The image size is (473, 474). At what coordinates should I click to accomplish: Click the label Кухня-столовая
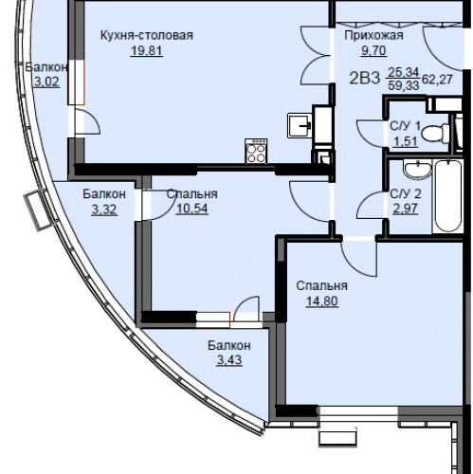pyautogui.click(x=147, y=35)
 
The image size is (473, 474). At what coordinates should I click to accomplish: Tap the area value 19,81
pyautogui.click(x=147, y=50)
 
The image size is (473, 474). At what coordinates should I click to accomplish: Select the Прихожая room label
pyautogui.click(x=373, y=35)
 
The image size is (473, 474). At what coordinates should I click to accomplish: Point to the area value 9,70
pyautogui.click(x=373, y=50)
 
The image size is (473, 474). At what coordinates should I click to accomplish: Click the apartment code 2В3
pyautogui.click(x=364, y=78)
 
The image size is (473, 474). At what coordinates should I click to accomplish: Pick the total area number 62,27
pyautogui.click(x=437, y=79)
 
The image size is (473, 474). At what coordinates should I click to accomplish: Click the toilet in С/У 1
pyautogui.click(x=436, y=134)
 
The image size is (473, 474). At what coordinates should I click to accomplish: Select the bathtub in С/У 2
pyautogui.click(x=447, y=196)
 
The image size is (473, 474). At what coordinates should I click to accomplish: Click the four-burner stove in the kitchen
pyautogui.click(x=256, y=152)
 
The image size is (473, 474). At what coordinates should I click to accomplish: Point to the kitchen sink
pyautogui.click(x=300, y=126)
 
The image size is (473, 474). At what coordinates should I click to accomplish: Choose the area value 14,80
pyautogui.click(x=322, y=301)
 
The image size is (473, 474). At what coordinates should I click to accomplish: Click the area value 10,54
pyautogui.click(x=192, y=209)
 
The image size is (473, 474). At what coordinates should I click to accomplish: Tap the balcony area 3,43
pyautogui.click(x=229, y=360)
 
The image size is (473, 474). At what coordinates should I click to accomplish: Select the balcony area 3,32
pyautogui.click(x=104, y=210)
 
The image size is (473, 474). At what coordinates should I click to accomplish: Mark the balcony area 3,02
pyautogui.click(x=46, y=82)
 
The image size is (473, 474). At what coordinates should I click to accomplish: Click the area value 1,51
pyautogui.click(x=406, y=141)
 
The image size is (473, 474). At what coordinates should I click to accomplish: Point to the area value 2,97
pyautogui.click(x=406, y=209)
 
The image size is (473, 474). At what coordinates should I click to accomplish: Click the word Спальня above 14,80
pyautogui.click(x=322, y=286)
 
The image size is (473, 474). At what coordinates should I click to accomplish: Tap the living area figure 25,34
pyautogui.click(x=404, y=72)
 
